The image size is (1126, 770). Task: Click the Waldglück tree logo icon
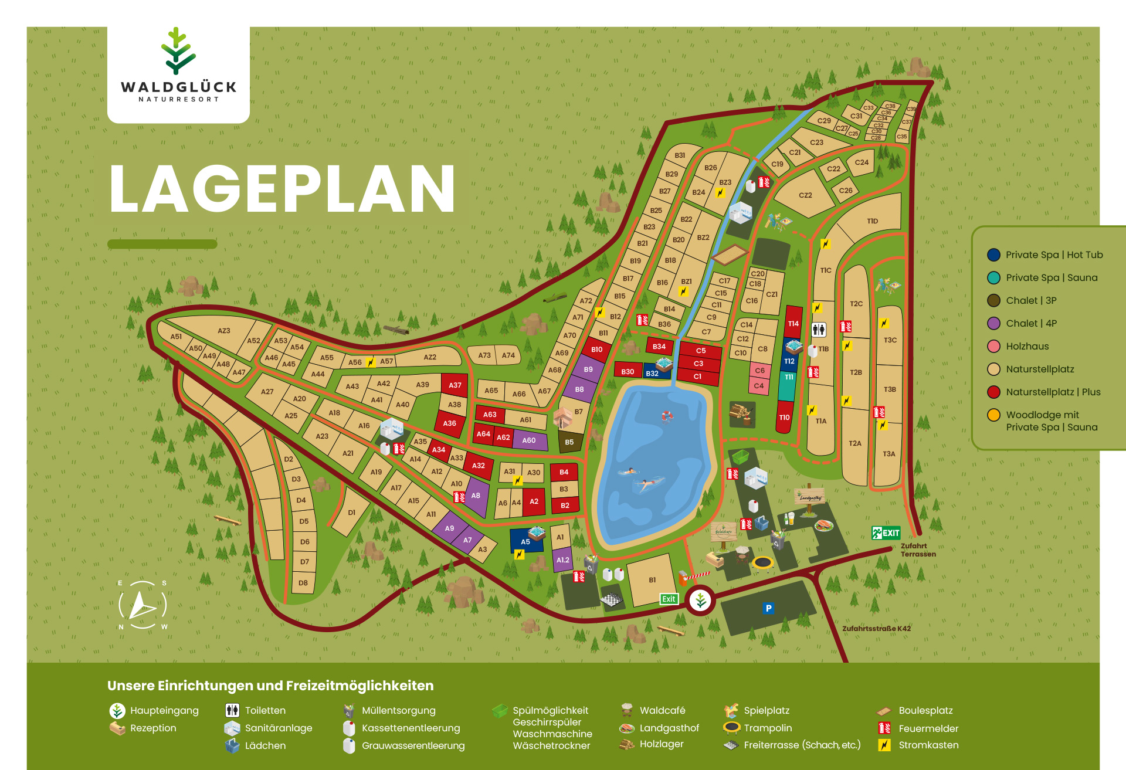(178, 51)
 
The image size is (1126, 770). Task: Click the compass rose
(143, 605)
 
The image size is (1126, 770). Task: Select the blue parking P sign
(768, 608)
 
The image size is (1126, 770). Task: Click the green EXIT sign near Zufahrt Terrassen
(886, 533)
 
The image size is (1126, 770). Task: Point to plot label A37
(455, 385)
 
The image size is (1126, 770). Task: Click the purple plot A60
(529, 440)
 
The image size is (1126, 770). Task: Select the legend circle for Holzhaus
(993, 346)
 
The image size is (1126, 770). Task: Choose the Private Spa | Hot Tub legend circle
(993, 255)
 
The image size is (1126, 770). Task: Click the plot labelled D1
(351, 512)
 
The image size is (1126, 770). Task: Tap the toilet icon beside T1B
(819, 330)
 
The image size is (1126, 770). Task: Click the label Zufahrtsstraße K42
(876, 628)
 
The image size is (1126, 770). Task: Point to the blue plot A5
(525, 541)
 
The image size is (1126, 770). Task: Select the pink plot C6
(759, 370)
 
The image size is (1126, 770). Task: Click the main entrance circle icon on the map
(700, 600)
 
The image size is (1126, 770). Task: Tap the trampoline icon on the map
(763, 563)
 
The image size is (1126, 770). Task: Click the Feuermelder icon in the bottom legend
(884, 728)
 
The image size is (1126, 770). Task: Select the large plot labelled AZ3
(223, 331)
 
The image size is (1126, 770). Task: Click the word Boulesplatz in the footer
(925, 710)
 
